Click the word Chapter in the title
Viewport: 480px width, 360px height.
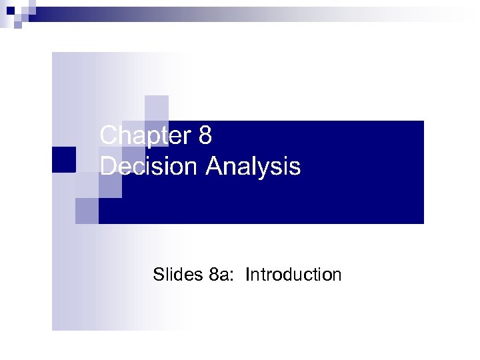(x=145, y=136)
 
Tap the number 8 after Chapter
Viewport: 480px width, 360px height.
(x=205, y=136)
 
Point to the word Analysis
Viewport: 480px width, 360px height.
(x=253, y=167)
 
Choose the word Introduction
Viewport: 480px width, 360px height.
(x=293, y=274)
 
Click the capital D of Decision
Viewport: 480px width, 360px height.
(x=107, y=167)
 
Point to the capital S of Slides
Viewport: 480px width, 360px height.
(x=158, y=274)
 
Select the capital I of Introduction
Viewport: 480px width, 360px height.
(x=247, y=274)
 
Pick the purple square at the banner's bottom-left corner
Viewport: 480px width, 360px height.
(x=87, y=211)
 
